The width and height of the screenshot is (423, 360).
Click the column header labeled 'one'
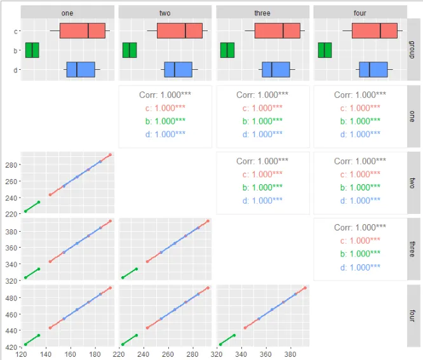tap(67, 13)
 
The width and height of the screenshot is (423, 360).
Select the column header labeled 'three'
tap(263, 13)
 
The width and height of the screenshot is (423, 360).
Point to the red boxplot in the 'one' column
tap(83, 30)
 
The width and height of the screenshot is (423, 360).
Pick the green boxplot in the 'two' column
tap(130, 50)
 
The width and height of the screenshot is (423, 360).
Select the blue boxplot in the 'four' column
tap(373, 70)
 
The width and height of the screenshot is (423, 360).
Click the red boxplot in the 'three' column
tap(278, 30)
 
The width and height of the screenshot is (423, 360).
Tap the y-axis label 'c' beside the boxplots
tap(15, 31)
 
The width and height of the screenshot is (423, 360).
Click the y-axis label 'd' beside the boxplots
tap(15, 70)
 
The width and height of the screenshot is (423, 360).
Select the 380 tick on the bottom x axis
tap(290, 354)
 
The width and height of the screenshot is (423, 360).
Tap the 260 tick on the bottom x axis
tap(168, 354)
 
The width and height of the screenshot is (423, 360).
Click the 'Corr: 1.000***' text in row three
tap(360, 227)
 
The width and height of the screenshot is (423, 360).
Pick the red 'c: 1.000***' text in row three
tap(360, 241)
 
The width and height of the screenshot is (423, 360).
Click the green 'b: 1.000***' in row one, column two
tap(165, 121)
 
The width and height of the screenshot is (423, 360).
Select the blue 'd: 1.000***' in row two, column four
tap(360, 201)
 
